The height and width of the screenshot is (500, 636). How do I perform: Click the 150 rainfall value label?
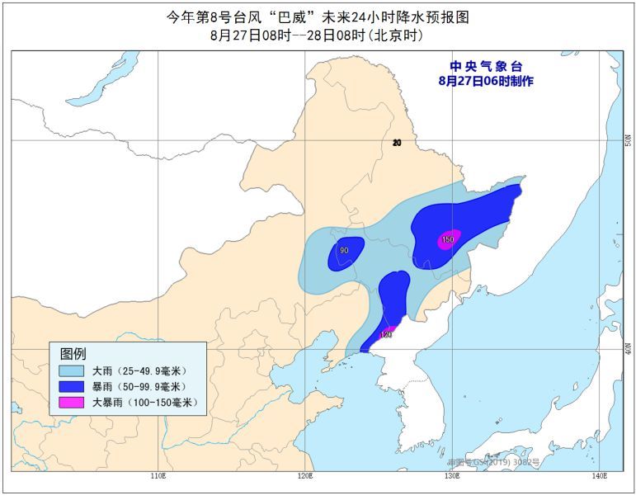tap(448, 240)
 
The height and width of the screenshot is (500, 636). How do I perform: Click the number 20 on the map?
tap(397, 143)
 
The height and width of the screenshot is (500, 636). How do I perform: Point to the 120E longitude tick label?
tap(304, 476)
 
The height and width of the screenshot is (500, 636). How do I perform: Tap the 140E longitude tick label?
tap(596, 476)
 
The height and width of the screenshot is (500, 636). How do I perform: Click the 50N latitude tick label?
tap(628, 140)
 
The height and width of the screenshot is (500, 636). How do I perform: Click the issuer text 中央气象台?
tap(486, 67)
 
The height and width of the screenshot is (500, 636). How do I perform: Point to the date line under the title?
tap(317, 35)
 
